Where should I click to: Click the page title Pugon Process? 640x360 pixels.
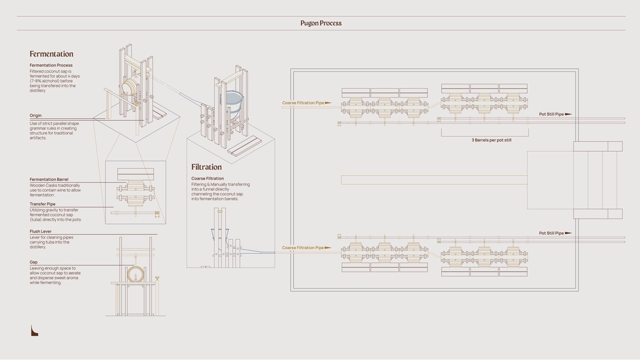(x=321, y=23)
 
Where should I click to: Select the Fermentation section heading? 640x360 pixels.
(x=51, y=54)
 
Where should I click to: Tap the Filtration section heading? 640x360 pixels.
(x=206, y=167)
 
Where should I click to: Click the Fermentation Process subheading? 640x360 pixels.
(x=51, y=65)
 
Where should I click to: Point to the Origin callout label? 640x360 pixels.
(x=35, y=115)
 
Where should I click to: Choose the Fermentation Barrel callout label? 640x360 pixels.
(x=49, y=179)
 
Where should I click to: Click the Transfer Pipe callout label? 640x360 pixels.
(x=42, y=204)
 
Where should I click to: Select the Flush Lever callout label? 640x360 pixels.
(x=40, y=231)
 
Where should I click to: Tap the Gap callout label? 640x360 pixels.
(x=33, y=262)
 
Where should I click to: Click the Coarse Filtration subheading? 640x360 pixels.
(x=207, y=178)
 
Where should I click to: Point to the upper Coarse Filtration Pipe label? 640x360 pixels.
(x=303, y=103)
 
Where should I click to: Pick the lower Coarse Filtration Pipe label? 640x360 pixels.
(x=303, y=248)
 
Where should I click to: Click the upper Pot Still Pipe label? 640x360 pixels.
(x=551, y=114)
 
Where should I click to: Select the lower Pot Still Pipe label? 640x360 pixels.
(x=551, y=233)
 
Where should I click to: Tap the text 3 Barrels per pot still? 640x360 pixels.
(x=491, y=140)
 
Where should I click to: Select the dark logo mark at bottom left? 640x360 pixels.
(x=34, y=330)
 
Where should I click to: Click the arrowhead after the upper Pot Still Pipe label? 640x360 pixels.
(x=568, y=114)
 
